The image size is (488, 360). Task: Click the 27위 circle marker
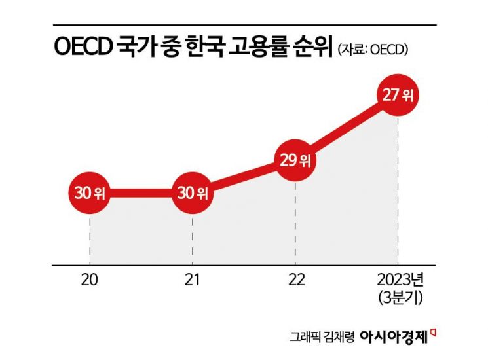click(398, 96)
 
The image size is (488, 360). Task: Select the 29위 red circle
click(295, 160)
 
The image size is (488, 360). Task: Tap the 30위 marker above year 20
click(90, 193)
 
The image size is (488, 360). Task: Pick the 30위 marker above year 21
click(192, 193)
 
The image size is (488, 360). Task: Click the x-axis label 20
click(90, 281)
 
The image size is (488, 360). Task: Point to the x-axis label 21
click(192, 281)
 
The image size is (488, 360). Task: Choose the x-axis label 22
click(295, 281)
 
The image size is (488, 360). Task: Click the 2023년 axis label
click(398, 280)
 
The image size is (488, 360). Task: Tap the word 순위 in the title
click(310, 48)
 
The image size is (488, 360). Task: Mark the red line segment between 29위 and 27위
click(347, 128)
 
